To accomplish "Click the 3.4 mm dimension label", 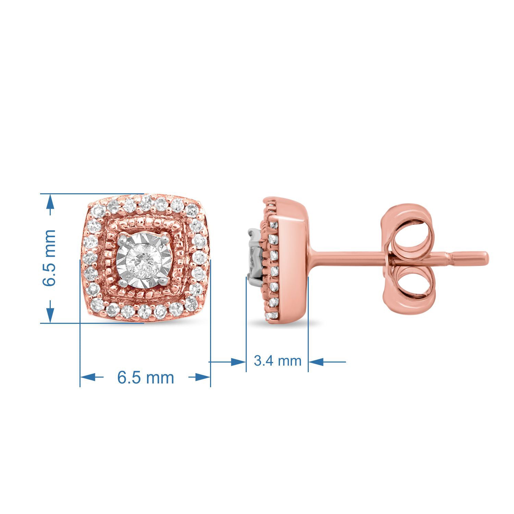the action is [x=278, y=361].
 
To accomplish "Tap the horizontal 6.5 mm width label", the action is [x=146, y=378].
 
